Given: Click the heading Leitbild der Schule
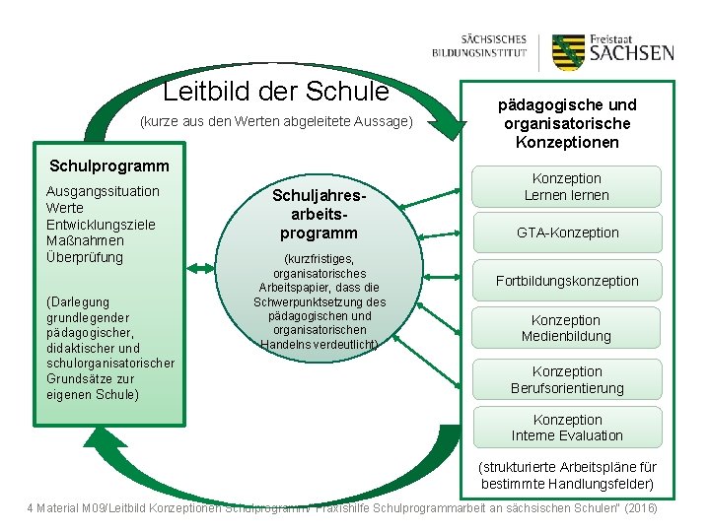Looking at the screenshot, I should pyautogui.click(x=276, y=92).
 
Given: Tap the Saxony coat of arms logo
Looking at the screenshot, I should pyautogui.click(x=569, y=52).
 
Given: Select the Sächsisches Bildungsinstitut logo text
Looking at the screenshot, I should pyautogui.click(x=480, y=46).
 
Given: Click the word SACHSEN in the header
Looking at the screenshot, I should pyautogui.click(x=632, y=53).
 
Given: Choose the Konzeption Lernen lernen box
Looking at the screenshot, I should pyautogui.click(x=566, y=187).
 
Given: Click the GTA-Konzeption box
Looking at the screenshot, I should pyautogui.click(x=568, y=233).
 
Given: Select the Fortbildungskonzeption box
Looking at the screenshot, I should pyautogui.click(x=567, y=281).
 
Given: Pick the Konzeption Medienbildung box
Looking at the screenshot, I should pyautogui.click(x=566, y=328).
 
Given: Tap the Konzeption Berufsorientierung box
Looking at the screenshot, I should pyautogui.click(x=567, y=379).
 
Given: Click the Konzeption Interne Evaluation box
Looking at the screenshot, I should pyautogui.click(x=567, y=428).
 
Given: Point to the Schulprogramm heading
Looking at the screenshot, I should pyautogui.click(x=109, y=166).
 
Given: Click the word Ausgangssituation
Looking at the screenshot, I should pyautogui.click(x=103, y=191).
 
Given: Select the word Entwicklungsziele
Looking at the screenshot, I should pyautogui.click(x=101, y=225).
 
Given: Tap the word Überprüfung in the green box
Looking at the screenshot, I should pyautogui.click(x=85, y=258).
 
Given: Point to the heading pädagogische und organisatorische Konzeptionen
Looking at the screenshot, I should pyautogui.click(x=568, y=123).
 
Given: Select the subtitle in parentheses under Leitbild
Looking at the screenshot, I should pyautogui.click(x=276, y=122).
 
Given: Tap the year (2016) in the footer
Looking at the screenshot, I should pyautogui.click(x=639, y=507).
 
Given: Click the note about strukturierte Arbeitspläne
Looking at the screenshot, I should pyautogui.click(x=567, y=475).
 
